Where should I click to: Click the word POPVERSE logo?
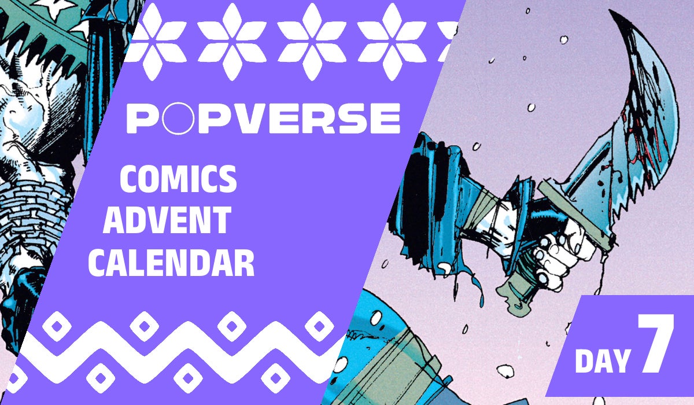pyautogui.click(x=263, y=119)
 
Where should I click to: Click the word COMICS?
pyautogui.click(x=178, y=181)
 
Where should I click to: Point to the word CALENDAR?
pyautogui.click(x=173, y=263)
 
